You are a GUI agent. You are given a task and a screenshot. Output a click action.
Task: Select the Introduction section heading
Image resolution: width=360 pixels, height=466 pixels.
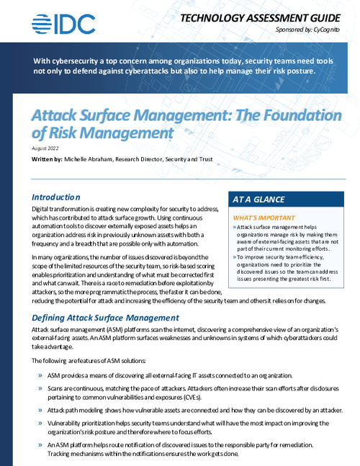(x=61, y=196)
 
